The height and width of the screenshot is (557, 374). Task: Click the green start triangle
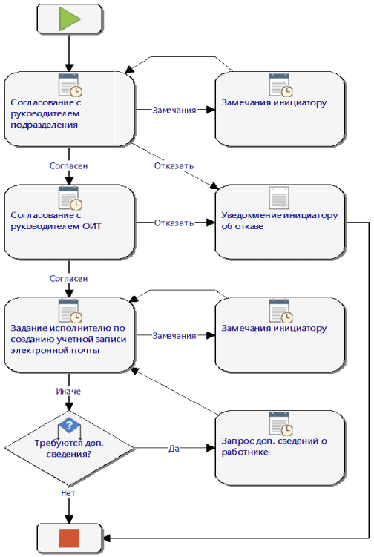[68, 19]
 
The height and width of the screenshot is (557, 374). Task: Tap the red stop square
[69, 538]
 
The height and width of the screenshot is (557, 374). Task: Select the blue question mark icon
[69, 425]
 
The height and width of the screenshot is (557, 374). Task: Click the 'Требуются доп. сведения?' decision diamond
[69, 448]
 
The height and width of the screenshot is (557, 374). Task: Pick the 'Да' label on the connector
[174, 449]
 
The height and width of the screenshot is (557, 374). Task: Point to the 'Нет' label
[68, 493]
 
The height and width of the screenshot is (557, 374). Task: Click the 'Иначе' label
[68, 391]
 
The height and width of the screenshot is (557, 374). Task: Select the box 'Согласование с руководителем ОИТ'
[69, 222]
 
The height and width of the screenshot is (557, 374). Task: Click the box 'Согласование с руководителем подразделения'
[69, 109]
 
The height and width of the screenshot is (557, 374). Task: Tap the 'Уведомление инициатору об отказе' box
[280, 222]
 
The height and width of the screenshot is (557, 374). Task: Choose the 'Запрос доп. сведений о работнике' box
[280, 448]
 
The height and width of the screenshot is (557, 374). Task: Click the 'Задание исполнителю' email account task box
[69, 335]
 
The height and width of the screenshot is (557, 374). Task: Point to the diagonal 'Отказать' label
[174, 165]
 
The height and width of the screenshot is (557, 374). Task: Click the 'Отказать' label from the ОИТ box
[174, 223]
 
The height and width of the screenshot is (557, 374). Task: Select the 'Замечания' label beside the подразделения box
[174, 110]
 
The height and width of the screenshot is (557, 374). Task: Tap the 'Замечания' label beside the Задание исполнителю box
[174, 336]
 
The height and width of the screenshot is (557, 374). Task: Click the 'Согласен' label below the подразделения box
[68, 165]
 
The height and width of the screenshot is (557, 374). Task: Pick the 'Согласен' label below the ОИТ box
[68, 279]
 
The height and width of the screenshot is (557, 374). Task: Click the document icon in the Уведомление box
[279, 197]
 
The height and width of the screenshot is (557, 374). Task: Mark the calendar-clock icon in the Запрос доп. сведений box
[280, 423]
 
